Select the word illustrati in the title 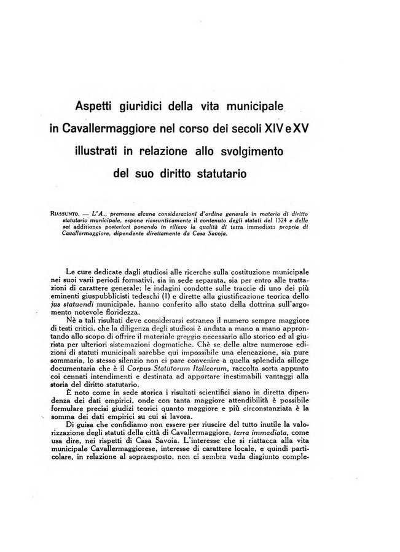click(x=101, y=150)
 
